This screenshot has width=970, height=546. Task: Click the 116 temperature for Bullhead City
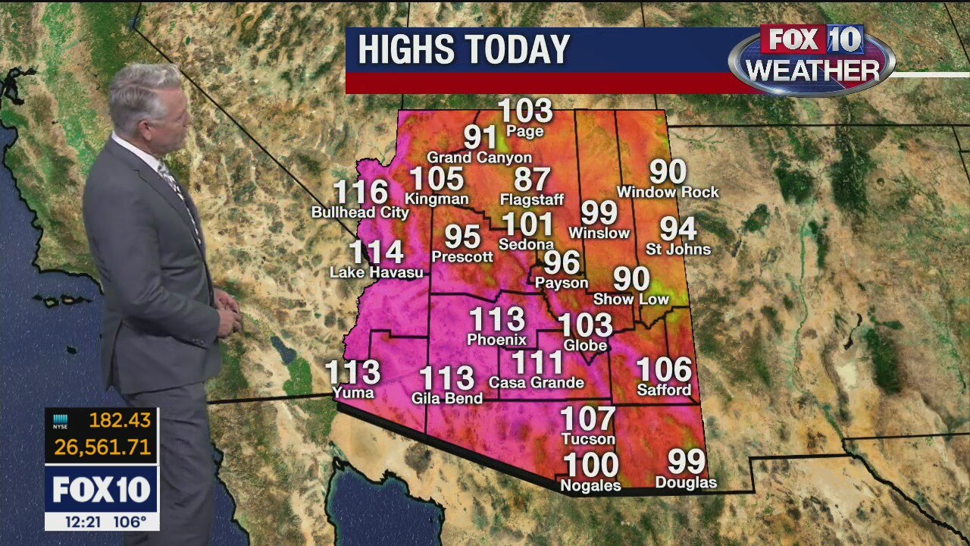(x=361, y=193)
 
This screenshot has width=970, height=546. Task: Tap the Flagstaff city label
(x=532, y=200)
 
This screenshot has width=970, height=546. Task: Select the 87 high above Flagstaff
(x=532, y=180)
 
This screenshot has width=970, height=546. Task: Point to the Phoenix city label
(x=496, y=339)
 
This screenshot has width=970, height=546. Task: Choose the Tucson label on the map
(x=588, y=439)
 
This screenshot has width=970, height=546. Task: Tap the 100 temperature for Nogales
(x=590, y=464)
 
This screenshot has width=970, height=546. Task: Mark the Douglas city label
(x=686, y=483)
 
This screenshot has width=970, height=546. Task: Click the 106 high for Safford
(x=664, y=369)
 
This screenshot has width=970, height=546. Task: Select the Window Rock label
(x=668, y=193)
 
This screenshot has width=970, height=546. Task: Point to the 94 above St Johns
(x=677, y=228)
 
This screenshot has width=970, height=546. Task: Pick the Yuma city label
(x=353, y=392)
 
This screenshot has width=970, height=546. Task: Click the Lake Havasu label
(x=377, y=272)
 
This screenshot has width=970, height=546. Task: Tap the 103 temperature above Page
(x=526, y=111)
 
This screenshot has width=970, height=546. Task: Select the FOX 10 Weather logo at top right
(x=812, y=59)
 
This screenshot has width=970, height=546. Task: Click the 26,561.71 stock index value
(x=102, y=447)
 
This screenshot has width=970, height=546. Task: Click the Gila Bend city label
(x=447, y=398)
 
